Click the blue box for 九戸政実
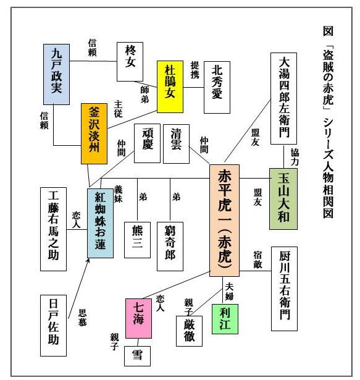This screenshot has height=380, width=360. pos(56,74)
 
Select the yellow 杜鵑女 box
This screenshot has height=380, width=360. pos(170,87)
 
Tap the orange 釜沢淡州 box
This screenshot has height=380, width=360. pos(94,134)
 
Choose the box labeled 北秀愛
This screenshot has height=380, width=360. pos(217,87)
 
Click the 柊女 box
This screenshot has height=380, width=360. pos(130,62)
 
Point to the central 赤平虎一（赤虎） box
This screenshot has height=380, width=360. pos(224,221)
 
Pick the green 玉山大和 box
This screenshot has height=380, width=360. pos(283,199)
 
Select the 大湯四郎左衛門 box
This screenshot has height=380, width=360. pos(283,99)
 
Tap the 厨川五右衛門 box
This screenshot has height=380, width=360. pos(284,289)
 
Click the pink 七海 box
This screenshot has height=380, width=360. pos(138,318)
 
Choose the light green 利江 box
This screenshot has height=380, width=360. pos(225,319)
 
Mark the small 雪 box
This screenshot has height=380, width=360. pos(137,356)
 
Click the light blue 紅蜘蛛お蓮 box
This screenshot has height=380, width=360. pos(100,224)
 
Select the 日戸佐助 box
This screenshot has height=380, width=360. pos(53,326)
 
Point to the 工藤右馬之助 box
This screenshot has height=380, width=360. pos(53,229)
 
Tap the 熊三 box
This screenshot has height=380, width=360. pos(137,240)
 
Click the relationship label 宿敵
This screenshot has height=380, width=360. pos(257,260)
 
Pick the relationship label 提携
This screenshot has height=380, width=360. pos(195,70)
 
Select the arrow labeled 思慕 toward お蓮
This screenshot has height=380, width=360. pos(79,289)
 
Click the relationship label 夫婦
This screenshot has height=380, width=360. pos(229,292)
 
